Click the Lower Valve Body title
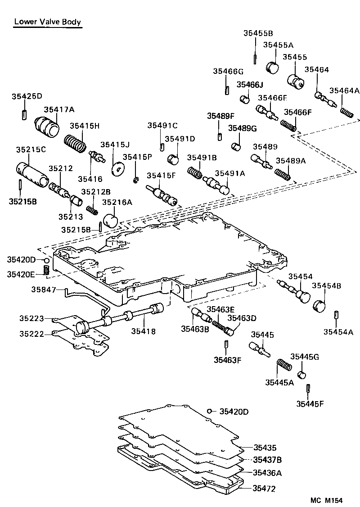(48, 22)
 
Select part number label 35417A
(59, 109)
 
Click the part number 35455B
(258, 33)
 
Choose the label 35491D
(180, 139)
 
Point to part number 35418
(143, 331)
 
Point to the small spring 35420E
(45, 270)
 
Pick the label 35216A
(117, 202)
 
